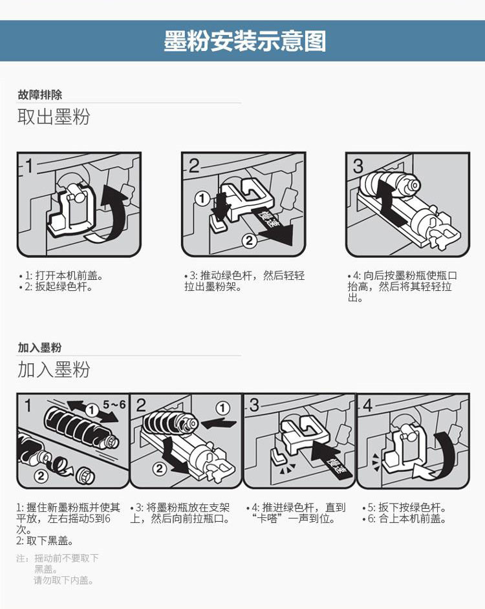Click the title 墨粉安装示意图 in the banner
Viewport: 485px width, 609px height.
[245, 41]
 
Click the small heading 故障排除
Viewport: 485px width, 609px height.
[39, 94]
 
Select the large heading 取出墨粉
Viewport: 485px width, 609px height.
[54, 116]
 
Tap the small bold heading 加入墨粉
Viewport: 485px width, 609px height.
[39, 347]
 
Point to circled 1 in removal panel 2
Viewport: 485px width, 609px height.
[202, 199]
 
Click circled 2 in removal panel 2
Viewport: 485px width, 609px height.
[249, 240]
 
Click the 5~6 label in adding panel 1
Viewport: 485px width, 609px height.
[114, 405]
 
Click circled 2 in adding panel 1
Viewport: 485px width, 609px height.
[41, 475]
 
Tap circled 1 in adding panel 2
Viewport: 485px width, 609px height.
[222, 408]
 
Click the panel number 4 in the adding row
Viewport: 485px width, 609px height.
[368, 405]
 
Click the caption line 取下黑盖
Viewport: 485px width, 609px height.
[45, 540]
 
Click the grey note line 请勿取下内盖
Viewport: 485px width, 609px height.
[64, 581]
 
